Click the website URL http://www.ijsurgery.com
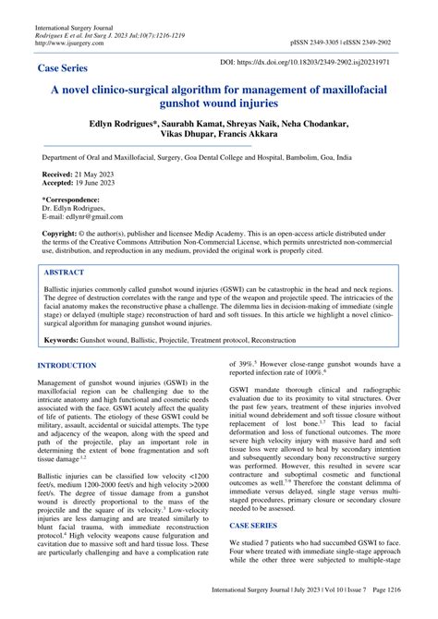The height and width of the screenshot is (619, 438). (x=68, y=42)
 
